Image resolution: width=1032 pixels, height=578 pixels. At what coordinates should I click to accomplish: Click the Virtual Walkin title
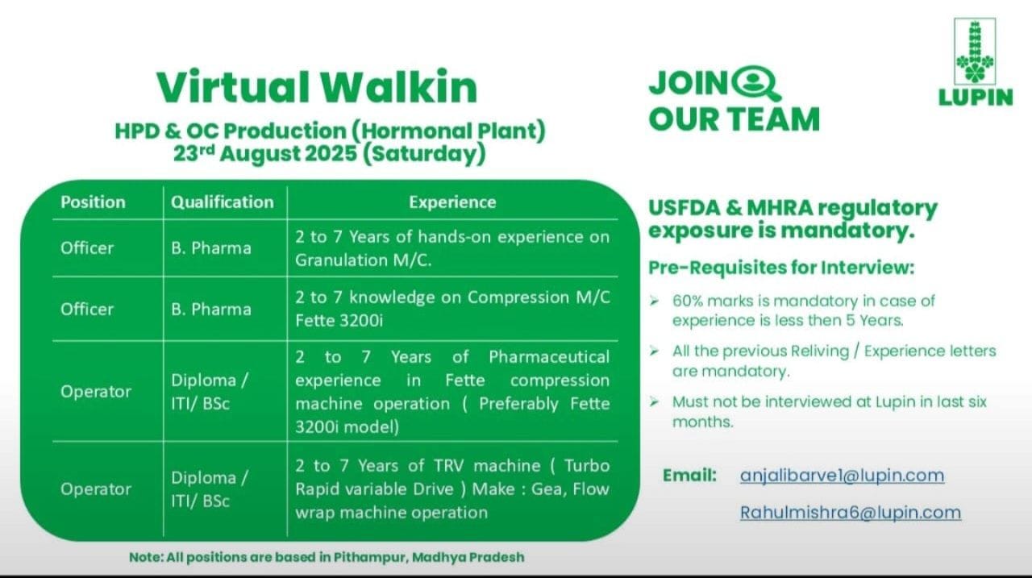click(x=316, y=87)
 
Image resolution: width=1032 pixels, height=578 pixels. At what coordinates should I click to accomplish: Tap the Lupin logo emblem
click(x=975, y=52)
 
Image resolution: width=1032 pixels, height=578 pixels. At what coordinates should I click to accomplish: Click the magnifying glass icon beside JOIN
click(x=759, y=83)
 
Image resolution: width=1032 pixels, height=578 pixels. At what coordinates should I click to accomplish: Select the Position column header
click(x=93, y=202)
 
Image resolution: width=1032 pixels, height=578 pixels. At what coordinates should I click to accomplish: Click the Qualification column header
click(x=222, y=202)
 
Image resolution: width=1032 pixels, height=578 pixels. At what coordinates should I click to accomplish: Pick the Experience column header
click(x=452, y=202)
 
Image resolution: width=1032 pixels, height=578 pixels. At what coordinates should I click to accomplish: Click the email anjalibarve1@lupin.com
click(x=842, y=476)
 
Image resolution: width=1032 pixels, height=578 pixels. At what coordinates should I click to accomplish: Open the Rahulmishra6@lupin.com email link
click(x=851, y=512)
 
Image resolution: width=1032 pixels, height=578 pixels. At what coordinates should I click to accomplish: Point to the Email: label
click(x=689, y=476)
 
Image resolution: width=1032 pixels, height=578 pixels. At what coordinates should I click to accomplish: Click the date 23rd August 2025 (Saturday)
click(x=330, y=153)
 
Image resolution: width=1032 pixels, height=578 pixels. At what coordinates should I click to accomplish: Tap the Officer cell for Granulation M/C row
click(x=87, y=247)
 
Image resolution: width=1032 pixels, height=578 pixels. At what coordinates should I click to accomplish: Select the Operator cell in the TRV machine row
click(x=95, y=489)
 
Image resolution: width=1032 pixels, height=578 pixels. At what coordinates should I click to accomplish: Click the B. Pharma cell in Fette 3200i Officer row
click(x=210, y=309)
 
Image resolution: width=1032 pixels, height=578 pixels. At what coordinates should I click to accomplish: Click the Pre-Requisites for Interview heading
click(x=781, y=268)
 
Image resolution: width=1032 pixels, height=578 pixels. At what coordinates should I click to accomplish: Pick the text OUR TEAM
click(x=734, y=119)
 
